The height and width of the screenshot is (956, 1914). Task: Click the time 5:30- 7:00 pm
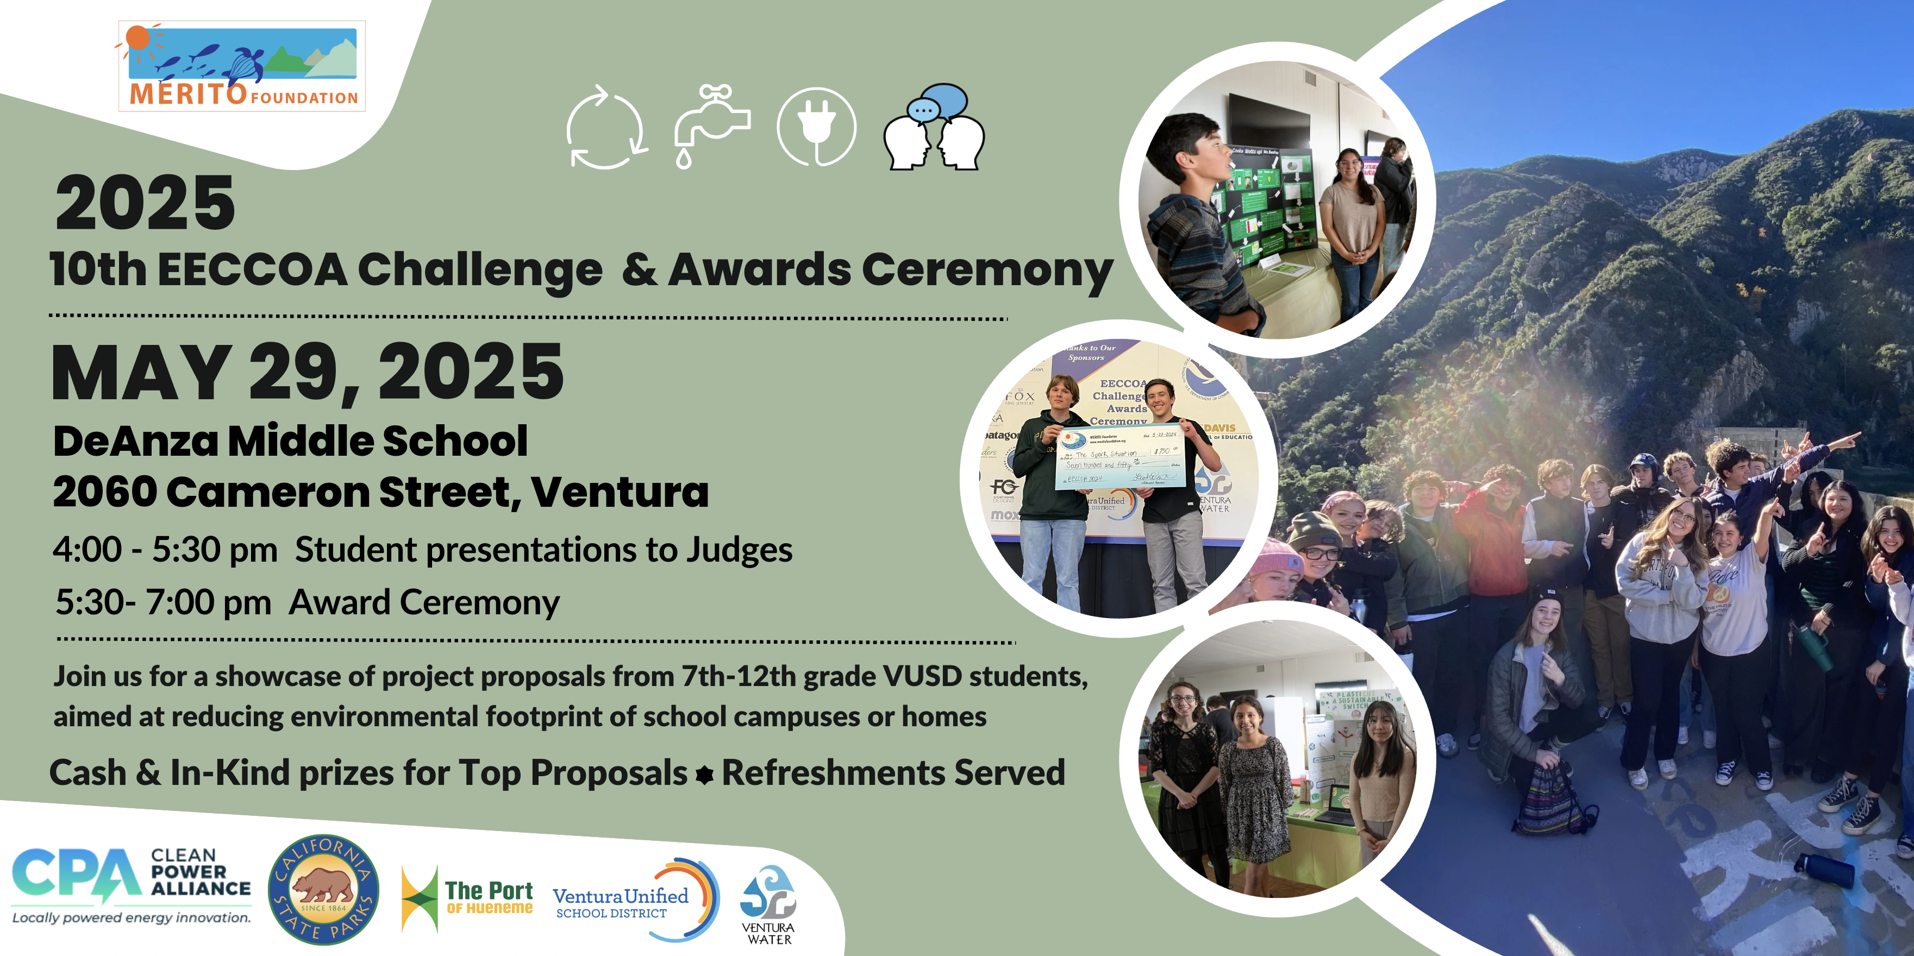point(164,602)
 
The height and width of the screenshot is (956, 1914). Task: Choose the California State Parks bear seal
point(323,889)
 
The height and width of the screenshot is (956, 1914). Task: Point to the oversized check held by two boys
point(1121,457)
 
